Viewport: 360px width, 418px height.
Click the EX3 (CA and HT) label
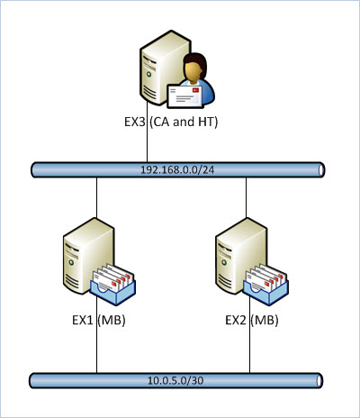171,123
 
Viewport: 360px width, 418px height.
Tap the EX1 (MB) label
99,320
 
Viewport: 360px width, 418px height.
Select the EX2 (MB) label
252,320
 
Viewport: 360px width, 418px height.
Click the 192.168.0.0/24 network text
177,170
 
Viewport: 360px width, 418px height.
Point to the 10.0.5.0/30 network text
175,381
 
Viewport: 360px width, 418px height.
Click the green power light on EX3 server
148,74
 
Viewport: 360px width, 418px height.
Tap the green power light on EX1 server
71,262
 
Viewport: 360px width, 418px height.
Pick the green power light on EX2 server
224,262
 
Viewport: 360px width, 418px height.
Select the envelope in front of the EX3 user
184,96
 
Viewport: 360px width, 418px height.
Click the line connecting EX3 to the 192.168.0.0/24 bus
147,132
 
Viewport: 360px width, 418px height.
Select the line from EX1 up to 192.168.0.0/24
96,197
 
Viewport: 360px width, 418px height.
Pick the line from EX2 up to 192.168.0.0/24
246,197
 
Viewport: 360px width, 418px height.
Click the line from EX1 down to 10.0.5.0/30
96,335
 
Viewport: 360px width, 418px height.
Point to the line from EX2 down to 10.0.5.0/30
249,335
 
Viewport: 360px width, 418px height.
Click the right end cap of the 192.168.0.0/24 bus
321,170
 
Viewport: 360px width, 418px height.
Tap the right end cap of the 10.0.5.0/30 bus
319,381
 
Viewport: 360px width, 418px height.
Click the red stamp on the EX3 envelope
195,90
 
